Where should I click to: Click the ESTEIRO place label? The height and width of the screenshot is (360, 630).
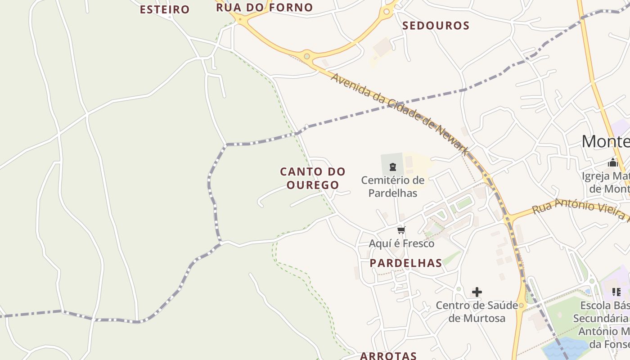click(165, 9)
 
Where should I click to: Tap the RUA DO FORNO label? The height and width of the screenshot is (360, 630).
click(264, 8)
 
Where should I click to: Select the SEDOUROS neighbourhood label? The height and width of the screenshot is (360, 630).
click(436, 26)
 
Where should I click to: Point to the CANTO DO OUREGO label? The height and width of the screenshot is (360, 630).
click(313, 178)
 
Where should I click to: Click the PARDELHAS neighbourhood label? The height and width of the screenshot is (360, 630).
click(406, 263)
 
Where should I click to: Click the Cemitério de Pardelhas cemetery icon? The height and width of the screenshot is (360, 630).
click(393, 167)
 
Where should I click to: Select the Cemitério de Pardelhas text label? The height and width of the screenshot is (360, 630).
click(393, 187)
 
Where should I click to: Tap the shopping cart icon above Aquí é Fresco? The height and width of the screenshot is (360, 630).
click(401, 230)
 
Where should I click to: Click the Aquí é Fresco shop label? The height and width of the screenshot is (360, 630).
click(401, 243)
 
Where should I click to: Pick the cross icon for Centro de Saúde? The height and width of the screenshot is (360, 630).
click(477, 292)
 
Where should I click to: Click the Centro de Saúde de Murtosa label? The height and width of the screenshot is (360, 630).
click(477, 312)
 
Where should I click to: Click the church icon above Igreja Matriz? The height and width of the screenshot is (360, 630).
click(612, 162)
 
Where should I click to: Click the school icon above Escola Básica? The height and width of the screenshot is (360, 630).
click(616, 292)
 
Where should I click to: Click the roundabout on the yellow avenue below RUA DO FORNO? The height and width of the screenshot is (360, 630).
click(307, 56)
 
